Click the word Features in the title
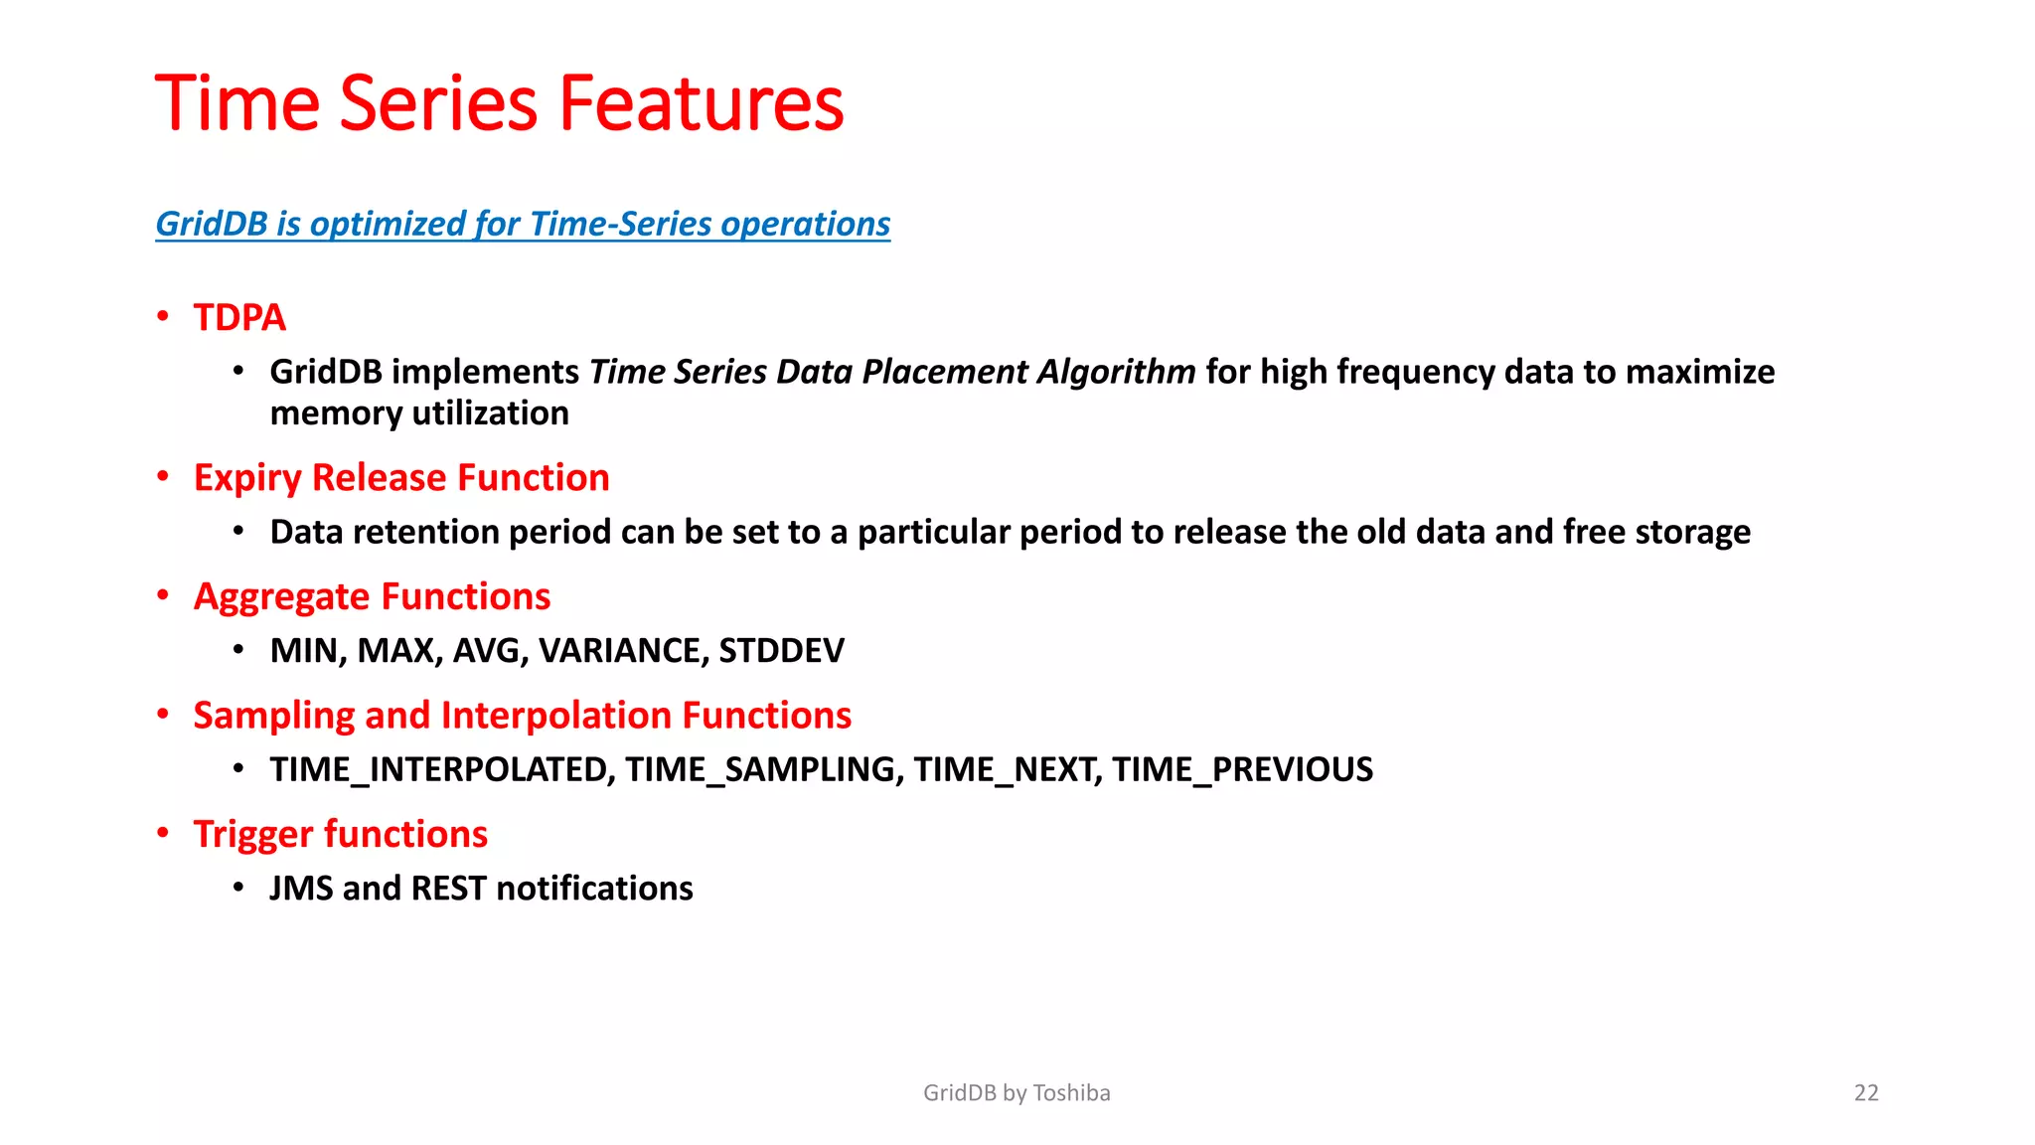pos(701,103)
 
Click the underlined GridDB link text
pos(522,224)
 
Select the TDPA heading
pos(239,318)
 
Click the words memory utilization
pos(419,413)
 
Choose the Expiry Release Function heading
pos(401,478)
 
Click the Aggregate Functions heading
pos(372,596)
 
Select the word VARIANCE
pos(623,650)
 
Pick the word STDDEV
pos(781,650)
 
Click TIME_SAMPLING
pos(764,769)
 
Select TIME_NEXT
pos(1007,769)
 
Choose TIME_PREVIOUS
pos(1242,769)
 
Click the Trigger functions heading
pos(340,834)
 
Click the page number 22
pos(1866,1093)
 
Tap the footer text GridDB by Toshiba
pos(1017,1093)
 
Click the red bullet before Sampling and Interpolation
pos(163,715)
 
